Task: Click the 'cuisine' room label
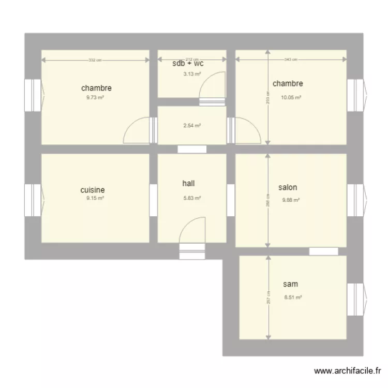click(x=96, y=190)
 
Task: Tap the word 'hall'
click(x=189, y=184)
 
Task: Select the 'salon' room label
click(x=288, y=188)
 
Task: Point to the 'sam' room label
click(x=290, y=284)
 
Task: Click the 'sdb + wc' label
click(x=188, y=64)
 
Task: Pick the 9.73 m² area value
click(x=95, y=97)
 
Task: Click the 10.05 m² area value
click(x=291, y=97)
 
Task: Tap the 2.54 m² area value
click(x=192, y=125)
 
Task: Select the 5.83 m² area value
click(x=192, y=198)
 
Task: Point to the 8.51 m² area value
click(x=293, y=297)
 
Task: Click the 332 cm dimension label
click(x=95, y=60)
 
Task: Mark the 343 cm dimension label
click(x=291, y=60)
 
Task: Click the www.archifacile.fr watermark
click(x=347, y=371)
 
